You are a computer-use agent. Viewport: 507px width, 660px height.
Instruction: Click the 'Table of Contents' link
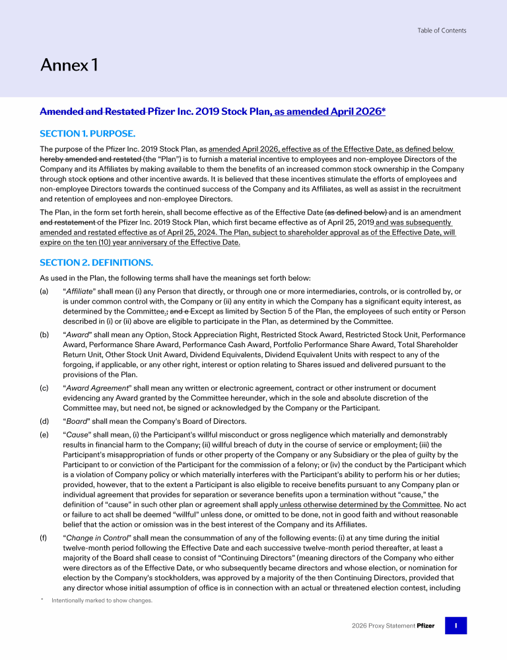pyautogui.click(x=442, y=30)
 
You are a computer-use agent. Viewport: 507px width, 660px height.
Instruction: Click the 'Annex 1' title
pyautogui.click(x=69, y=65)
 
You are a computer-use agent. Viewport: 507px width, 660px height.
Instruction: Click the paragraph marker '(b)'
pyautogui.click(x=44, y=335)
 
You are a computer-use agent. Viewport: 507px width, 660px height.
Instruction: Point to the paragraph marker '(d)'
pyautogui.click(x=44, y=420)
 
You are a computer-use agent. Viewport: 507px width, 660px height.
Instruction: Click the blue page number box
pyautogui.click(x=456, y=625)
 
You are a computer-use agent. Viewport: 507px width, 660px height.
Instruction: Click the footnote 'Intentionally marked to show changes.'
pyautogui.click(x=102, y=600)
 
